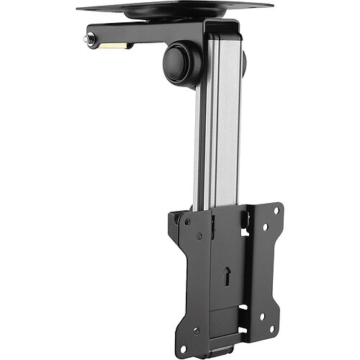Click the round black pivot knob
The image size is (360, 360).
(x=182, y=63)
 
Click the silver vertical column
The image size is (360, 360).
(x=216, y=130)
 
